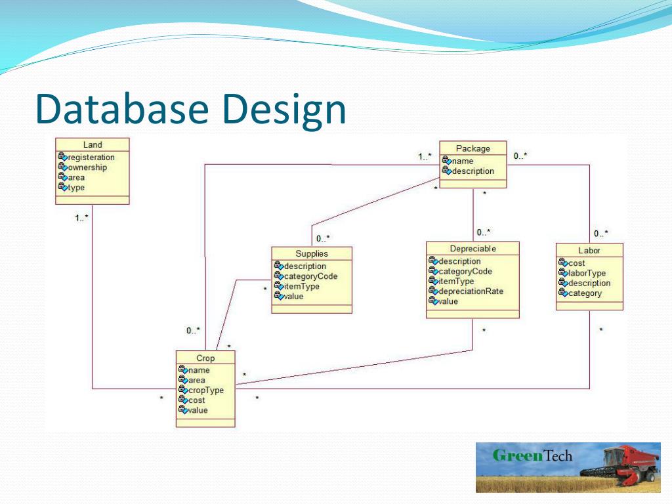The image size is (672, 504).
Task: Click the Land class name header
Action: coord(93,145)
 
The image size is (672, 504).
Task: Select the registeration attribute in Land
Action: coord(91,157)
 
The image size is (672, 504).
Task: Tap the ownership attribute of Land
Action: coord(87,167)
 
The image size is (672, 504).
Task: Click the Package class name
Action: coord(472,148)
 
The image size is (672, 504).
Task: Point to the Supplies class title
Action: coord(312,253)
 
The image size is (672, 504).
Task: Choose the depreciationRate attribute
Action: coord(471,291)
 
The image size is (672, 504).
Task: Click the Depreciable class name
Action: coord(472,249)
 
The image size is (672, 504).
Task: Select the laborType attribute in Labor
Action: coord(587,273)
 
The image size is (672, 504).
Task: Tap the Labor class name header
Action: coord(589,250)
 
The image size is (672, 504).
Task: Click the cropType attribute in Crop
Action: coord(205,390)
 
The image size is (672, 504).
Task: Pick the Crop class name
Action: coord(205,358)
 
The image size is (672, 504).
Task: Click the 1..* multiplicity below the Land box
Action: coord(81,217)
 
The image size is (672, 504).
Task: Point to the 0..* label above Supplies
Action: coord(323,238)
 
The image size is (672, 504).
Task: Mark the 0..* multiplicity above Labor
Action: coord(601,234)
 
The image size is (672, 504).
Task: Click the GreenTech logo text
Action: coord(532,455)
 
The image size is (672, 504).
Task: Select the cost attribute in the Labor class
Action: coord(577,263)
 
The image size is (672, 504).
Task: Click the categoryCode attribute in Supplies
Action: coord(310,276)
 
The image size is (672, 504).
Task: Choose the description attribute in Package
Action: coord(472,171)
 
